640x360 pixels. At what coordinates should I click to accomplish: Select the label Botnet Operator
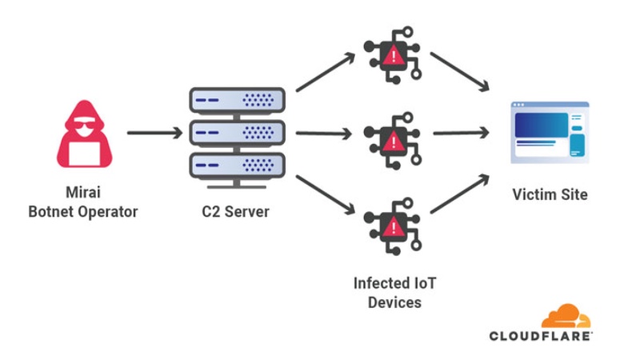point(83,212)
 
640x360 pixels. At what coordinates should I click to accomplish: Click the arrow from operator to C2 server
point(154,132)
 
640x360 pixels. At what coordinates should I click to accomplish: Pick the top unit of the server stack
point(237,100)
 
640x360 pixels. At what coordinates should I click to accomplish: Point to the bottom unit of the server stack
point(237,165)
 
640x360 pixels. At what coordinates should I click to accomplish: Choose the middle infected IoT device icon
point(392,142)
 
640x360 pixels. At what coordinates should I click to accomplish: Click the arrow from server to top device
point(325,73)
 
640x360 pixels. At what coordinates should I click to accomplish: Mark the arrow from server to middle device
point(323,133)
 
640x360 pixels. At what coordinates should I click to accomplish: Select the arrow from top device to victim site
point(460,71)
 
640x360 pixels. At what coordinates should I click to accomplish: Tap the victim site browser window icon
point(550,132)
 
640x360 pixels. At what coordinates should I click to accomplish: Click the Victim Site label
point(550,194)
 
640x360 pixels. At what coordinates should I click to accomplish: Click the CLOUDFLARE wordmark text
point(541,337)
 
